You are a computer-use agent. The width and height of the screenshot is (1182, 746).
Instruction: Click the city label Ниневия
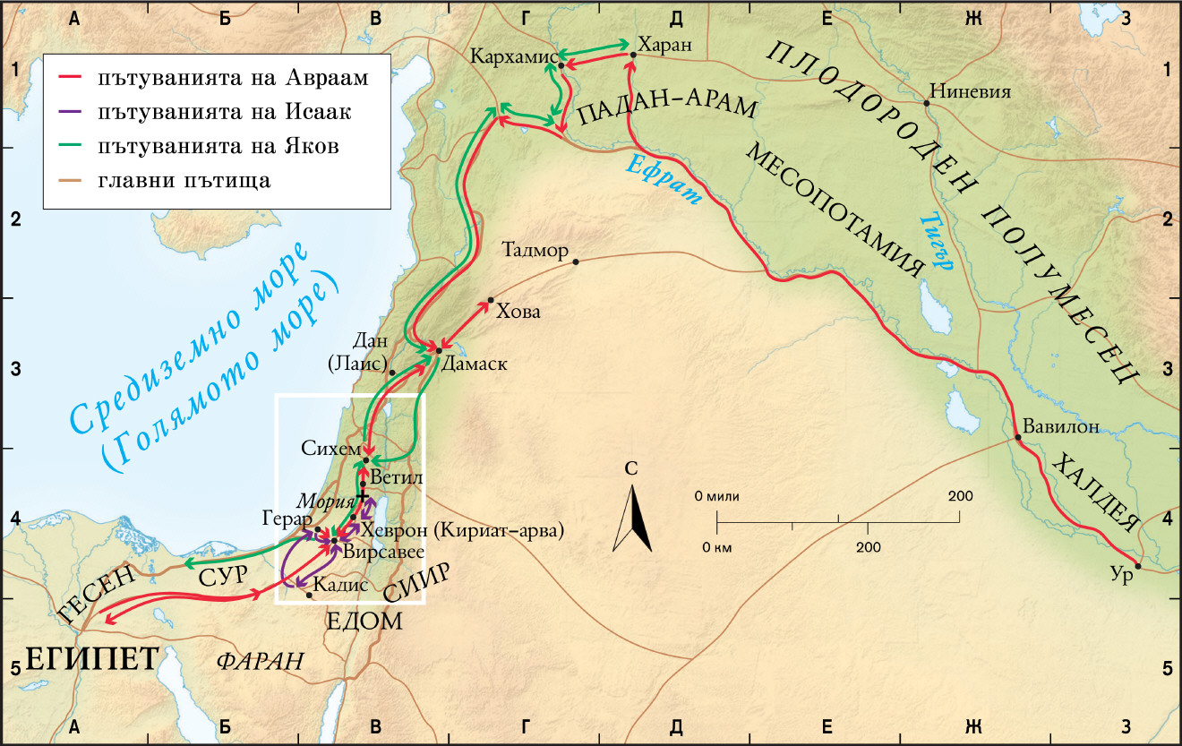pos(971,90)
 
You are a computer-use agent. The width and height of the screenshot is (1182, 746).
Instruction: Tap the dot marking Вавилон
pos(1018,438)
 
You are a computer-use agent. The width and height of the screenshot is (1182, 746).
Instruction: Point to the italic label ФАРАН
pos(260,661)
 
